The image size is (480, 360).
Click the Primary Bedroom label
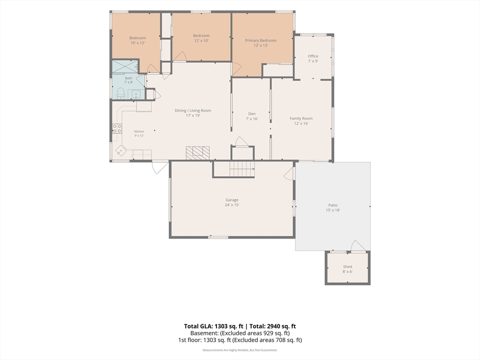pyautogui.click(x=261, y=40)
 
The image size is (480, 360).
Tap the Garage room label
pyautogui.click(x=232, y=200)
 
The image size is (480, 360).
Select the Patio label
pyautogui.click(x=333, y=205)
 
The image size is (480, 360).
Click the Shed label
pyautogui.click(x=347, y=267)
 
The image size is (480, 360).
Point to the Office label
pyautogui.click(x=313, y=56)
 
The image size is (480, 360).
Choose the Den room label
pyautogui.click(x=252, y=113)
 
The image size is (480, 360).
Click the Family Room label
pyautogui.click(x=301, y=119)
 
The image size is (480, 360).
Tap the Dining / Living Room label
pyautogui.click(x=193, y=111)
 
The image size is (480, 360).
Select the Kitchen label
pyautogui.click(x=139, y=131)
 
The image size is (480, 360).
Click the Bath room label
pyautogui.click(x=128, y=78)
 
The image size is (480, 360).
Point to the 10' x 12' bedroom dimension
pyautogui.click(x=138, y=43)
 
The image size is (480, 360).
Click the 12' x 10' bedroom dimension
pyautogui.click(x=201, y=40)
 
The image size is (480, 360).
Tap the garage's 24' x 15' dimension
pyautogui.click(x=232, y=205)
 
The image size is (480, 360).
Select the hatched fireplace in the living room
pyautogui.click(x=197, y=153)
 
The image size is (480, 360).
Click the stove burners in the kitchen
pyautogui.click(x=117, y=128)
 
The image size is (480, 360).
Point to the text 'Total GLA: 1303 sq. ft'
pyautogui.click(x=214, y=326)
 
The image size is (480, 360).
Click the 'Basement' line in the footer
pyautogui.click(x=240, y=333)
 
